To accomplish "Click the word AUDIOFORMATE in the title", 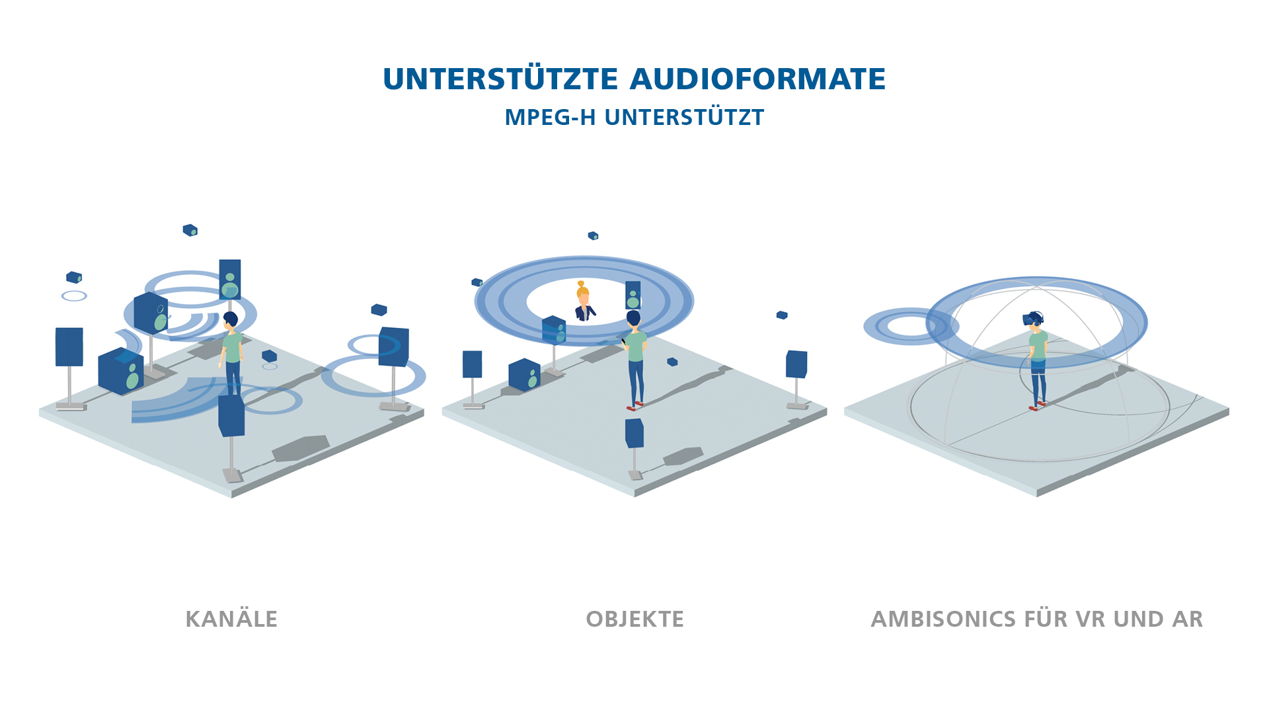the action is pyautogui.click(x=757, y=79).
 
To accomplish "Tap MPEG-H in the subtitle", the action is pyautogui.click(x=550, y=118).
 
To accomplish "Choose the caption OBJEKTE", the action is pyautogui.click(x=634, y=619).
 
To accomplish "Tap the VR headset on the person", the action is pyautogui.click(x=1032, y=319).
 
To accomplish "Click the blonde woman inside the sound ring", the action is pyautogui.click(x=584, y=302).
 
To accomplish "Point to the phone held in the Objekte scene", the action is pyautogui.click(x=623, y=341).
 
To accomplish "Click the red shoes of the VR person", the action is pyautogui.click(x=1037, y=405).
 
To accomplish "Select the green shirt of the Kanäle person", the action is pyautogui.click(x=232, y=347).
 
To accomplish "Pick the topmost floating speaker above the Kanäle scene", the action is pyautogui.click(x=190, y=230).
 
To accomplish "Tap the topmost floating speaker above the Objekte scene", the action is pyautogui.click(x=593, y=235).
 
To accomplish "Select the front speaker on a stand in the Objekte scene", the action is pyautogui.click(x=634, y=432).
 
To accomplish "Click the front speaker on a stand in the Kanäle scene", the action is pyautogui.click(x=231, y=415).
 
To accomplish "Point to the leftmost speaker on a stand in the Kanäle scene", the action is pyautogui.click(x=69, y=346).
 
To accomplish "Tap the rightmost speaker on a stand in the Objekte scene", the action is pyautogui.click(x=796, y=364).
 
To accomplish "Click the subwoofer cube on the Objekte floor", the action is pyautogui.click(x=524, y=375).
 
